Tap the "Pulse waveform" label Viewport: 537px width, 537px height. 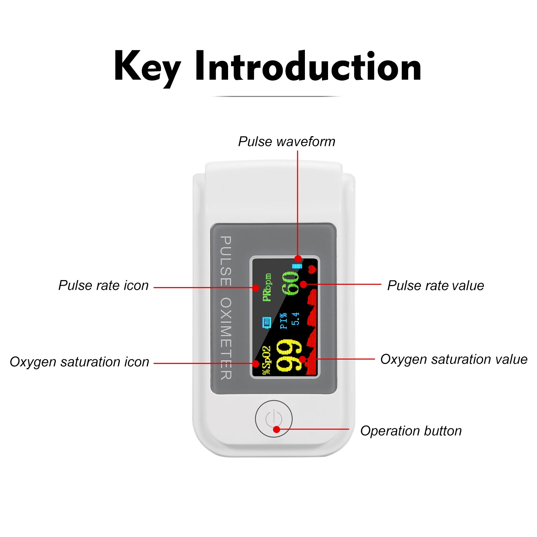pyautogui.click(x=286, y=142)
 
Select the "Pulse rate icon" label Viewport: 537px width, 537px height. pyautogui.click(x=103, y=285)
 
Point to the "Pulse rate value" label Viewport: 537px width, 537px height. pyautogui.click(x=435, y=285)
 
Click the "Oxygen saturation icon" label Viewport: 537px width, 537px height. pyautogui.click(x=79, y=362)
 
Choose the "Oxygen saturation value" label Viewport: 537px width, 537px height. pyautogui.click(x=453, y=359)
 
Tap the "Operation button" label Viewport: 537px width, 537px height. pyautogui.click(x=411, y=431)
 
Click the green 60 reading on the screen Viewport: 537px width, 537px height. pyautogui.click(x=290, y=283)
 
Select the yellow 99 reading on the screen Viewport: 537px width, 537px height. pyautogui.click(x=288, y=356)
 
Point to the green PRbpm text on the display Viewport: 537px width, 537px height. pyautogui.click(x=267, y=287)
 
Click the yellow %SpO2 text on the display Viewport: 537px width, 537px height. pyautogui.click(x=266, y=360)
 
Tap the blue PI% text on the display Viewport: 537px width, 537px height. pyautogui.click(x=284, y=321)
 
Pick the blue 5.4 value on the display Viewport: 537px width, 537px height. pyautogui.click(x=295, y=319)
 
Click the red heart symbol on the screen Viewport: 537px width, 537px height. pyautogui.click(x=312, y=269)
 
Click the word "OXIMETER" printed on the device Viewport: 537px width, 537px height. pyautogui.click(x=226, y=338)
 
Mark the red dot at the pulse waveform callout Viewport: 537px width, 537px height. pyautogui.click(x=298, y=259)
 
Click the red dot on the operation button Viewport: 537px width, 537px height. pyautogui.click(x=276, y=429)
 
